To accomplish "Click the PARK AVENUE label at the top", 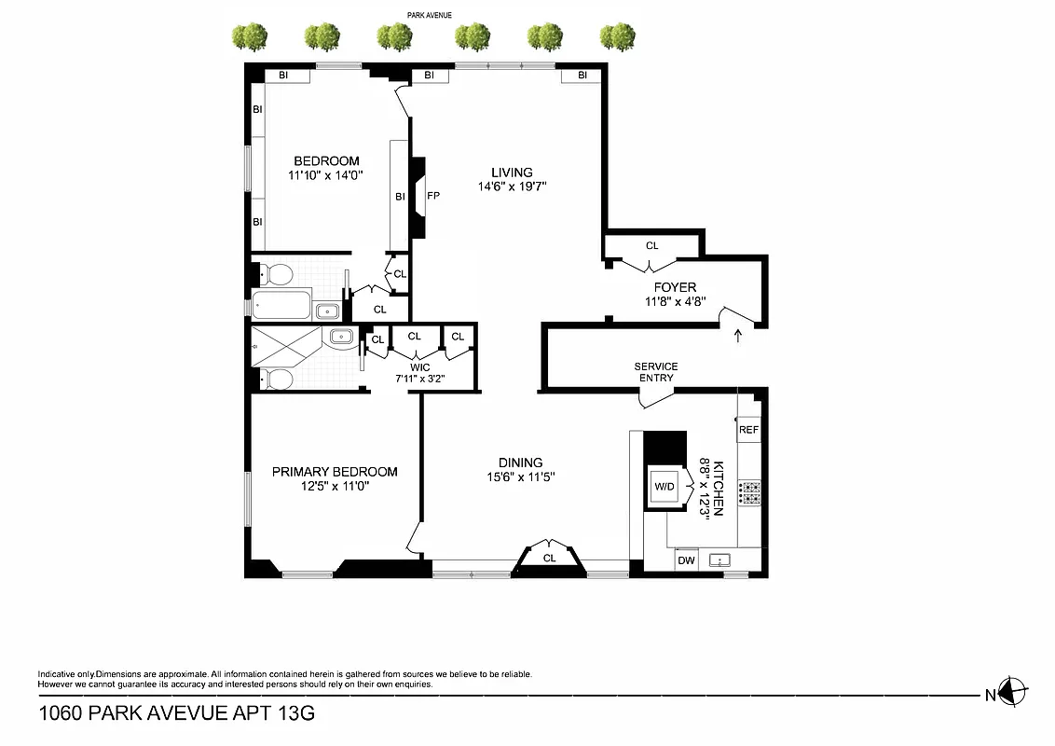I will tap(430, 15).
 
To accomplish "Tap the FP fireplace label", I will tap(433, 197).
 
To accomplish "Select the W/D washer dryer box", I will tap(665, 487).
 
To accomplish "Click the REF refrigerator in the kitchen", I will tap(749, 430).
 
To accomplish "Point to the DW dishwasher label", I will tap(686, 560).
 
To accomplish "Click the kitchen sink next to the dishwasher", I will tap(719, 560).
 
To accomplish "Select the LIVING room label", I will tap(512, 173).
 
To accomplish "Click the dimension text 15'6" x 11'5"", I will tap(520, 477).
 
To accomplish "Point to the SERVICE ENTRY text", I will tap(656, 372).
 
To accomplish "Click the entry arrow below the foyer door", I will tap(739, 334).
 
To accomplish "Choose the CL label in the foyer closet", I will tap(652, 246).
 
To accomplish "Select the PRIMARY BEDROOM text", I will tap(335, 472).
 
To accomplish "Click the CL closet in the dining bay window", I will tap(549, 558).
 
